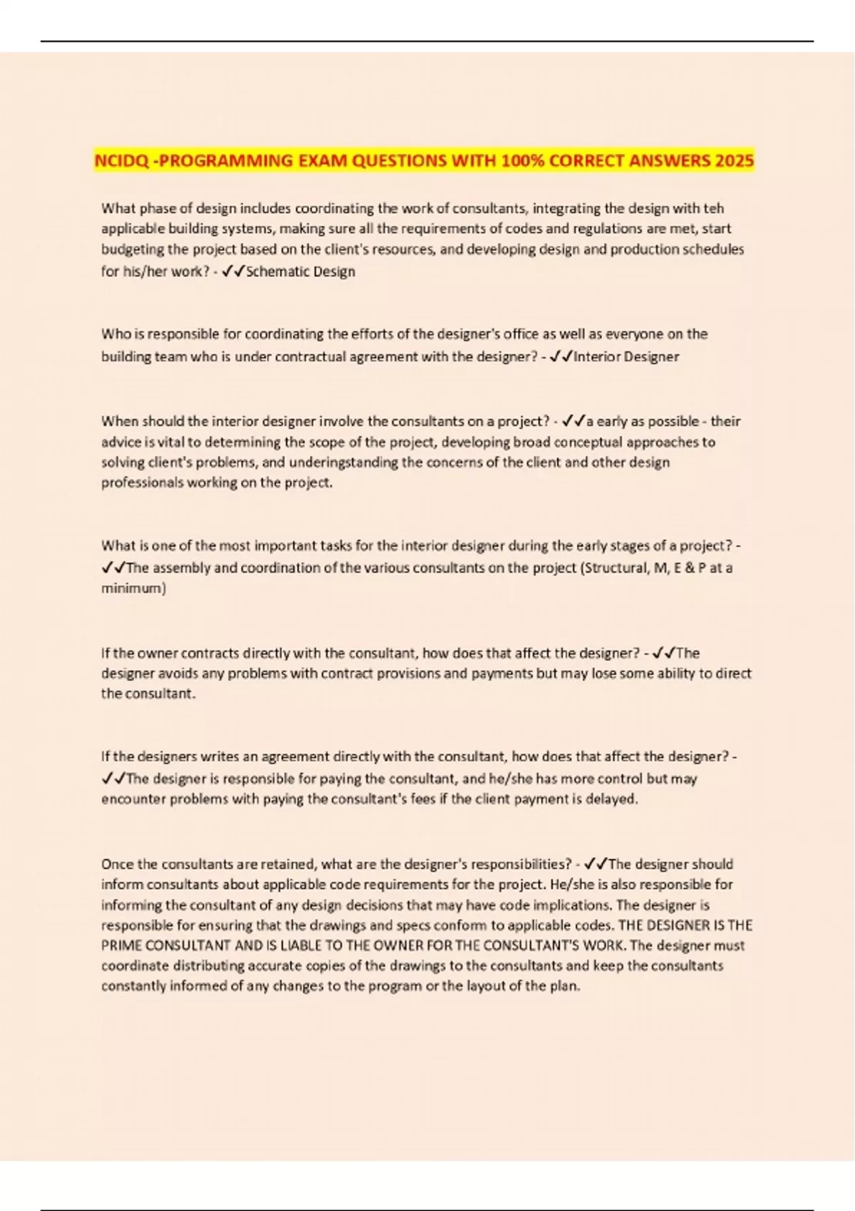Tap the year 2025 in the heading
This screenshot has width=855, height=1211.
735,161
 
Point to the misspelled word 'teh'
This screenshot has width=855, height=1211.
713,209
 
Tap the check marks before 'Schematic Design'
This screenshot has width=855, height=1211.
233,271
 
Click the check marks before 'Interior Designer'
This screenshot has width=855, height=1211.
561,357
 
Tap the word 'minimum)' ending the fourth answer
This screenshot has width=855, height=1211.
133,588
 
